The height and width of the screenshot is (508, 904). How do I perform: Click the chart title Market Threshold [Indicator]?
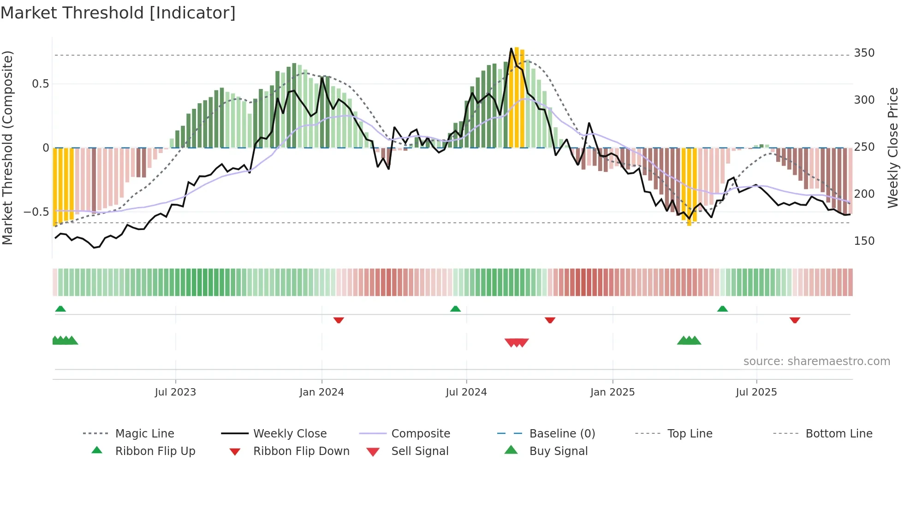[118, 13]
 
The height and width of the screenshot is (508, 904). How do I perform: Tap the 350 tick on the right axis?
[864, 53]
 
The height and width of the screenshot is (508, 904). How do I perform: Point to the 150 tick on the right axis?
[864, 241]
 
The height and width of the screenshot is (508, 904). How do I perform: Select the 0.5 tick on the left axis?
[40, 84]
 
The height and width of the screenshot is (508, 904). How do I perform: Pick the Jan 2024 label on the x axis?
[321, 392]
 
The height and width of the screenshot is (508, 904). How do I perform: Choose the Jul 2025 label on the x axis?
[756, 392]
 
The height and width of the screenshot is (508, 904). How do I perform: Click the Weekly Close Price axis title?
[893, 148]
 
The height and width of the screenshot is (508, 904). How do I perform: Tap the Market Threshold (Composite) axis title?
[8, 148]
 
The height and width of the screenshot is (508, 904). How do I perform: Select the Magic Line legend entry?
[144, 434]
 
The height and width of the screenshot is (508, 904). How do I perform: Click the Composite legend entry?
[420, 434]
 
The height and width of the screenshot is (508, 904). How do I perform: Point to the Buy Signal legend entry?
[558, 451]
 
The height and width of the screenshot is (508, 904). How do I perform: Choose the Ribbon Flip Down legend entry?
[301, 451]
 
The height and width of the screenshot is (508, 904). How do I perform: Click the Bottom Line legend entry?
[839, 434]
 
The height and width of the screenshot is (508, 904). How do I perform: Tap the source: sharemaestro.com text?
[816, 361]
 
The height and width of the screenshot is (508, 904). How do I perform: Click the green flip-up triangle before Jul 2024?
[455, 309]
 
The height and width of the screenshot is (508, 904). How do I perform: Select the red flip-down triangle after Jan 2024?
[339, 320]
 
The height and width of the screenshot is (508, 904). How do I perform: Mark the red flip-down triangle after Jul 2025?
[794, 320]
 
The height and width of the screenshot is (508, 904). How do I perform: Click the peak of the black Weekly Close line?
[511, 48]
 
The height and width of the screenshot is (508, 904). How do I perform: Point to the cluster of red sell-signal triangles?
[517, 343]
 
